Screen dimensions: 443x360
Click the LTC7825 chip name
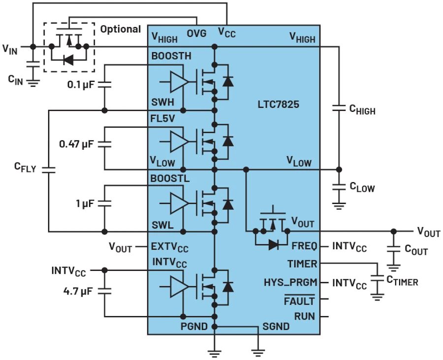tap(278, 104)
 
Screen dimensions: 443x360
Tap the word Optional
tap(121, 29)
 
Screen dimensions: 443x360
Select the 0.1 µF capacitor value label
tap(81, 84)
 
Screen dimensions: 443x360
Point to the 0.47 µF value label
tap(76, 144)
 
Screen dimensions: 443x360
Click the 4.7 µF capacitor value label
tap(78, 291)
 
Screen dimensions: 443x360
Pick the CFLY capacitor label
tap(25, 167)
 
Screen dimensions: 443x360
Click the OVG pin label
tap(196, 33)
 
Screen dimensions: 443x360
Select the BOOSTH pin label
tap(171, 56)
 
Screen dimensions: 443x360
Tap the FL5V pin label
tap(162, 119)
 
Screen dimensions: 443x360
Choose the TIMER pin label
tap(302, 264)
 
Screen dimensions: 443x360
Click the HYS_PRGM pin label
tap(290, 283)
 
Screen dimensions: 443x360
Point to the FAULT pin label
tap(299, 301)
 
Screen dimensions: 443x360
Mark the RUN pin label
tap(305, 317)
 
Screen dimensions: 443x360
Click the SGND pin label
tap(276, 327)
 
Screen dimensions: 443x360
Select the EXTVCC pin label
tap(169, 247)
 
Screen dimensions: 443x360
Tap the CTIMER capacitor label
tap(402, 280)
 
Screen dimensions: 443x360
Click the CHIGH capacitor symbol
tap(339, 108)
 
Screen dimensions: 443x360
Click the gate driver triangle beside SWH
tap(179, 82)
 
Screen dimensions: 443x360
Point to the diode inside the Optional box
tap(68, 60)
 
